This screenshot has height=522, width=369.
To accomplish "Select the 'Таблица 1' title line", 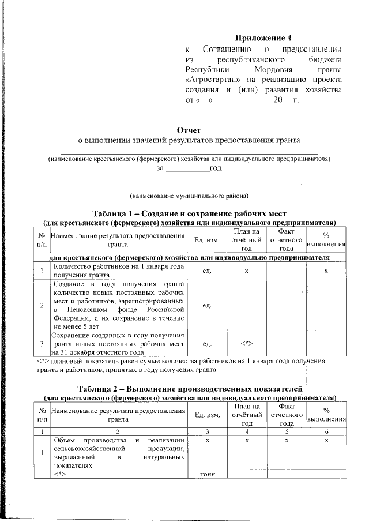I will click(x=190, y=213).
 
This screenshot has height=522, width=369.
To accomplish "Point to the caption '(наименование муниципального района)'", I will click(x=189, y=195).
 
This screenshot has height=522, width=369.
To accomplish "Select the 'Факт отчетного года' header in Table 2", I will click(x=287, y=415).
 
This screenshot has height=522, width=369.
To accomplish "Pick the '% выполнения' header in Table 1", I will click(x=326, y=240).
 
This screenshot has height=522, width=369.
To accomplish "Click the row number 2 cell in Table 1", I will click(x=42, y=305).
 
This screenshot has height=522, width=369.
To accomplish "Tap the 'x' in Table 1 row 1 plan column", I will click(x=247, y=271).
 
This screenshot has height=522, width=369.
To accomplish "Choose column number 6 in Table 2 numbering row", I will click(x=326, y=431).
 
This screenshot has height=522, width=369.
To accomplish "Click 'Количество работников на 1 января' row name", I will click(x=118, y=271).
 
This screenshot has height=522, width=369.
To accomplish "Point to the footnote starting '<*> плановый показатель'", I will click(x=173, y=365).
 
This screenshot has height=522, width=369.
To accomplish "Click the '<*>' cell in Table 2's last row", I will click(x=62, y=474).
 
